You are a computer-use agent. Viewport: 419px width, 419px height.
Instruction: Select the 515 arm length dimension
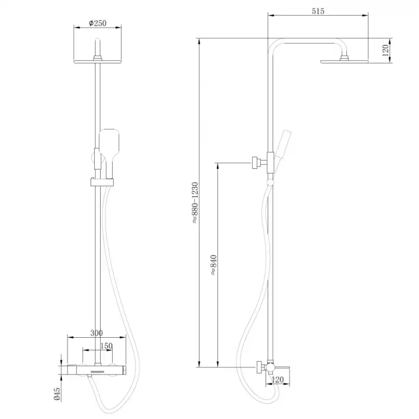click(318, 11)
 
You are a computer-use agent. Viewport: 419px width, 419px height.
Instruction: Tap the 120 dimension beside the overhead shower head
click(386, 50)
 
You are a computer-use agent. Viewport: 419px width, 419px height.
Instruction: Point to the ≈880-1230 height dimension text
click(195, 203)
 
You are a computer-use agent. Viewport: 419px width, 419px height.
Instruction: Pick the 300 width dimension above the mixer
click(97, 332)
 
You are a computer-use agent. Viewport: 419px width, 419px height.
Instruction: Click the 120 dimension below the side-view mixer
click(277, 380)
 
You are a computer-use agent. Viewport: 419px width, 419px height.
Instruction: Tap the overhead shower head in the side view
click(344, 60)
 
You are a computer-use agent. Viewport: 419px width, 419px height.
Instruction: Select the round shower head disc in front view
click(99, 61)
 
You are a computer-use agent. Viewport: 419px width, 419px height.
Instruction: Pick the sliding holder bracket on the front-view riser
click(102, 182)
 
